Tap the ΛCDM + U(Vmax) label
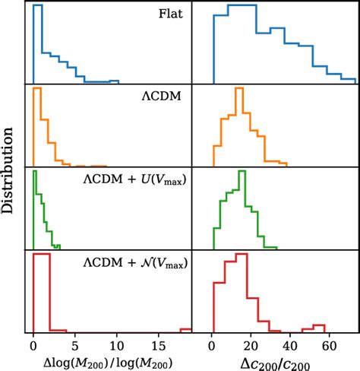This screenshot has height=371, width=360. point(134,180)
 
